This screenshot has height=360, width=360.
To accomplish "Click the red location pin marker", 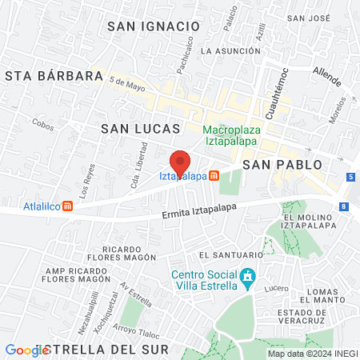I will click(x=180, y=162).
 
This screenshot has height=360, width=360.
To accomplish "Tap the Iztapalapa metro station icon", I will click(x=214, y=176).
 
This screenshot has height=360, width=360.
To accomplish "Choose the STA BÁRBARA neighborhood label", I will click(x=54, y=77).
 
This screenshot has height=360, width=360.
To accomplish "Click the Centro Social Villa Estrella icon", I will click(x=248, y=274).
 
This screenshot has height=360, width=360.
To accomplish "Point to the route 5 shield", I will click(x=350, y=176).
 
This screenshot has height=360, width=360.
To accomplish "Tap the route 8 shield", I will click(x=343, y=206).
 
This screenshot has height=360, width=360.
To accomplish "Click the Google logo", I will click(x=27, y=350).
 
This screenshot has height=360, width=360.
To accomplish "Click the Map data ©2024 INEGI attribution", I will click(x=311, y=354).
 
